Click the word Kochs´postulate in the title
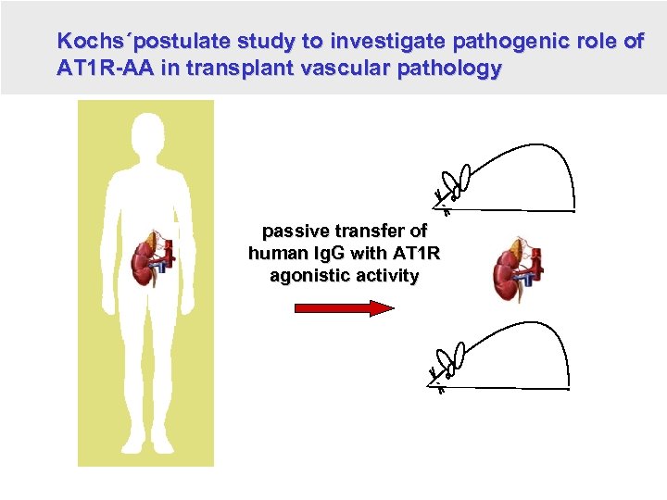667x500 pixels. pyautogui.click(x=144, y=42)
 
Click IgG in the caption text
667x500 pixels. pyautogui.click(x=336, y=254)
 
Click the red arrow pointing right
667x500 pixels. pyautogui.click(x=344, y=308)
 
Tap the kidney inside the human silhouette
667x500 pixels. pyautogui.click(x=148, y=260)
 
